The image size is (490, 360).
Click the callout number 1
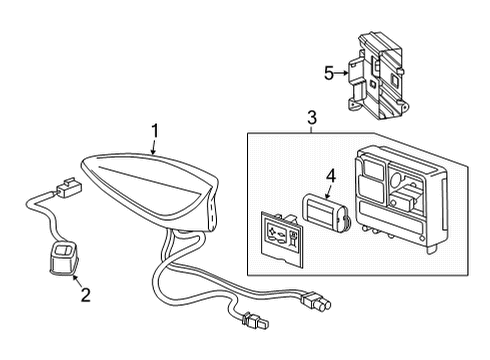[155, 129]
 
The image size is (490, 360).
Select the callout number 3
[311, 118]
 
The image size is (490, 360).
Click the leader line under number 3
[311, 128]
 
